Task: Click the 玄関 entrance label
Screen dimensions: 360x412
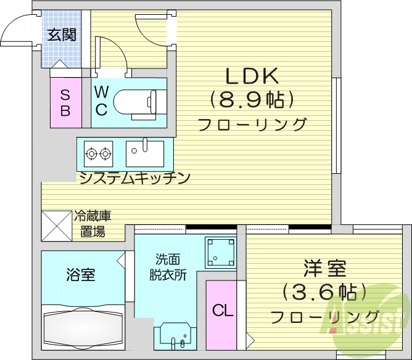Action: coord(62,35)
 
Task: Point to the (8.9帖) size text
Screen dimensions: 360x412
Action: coord(251,99)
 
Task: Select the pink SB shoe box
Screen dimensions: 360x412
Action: coord(65,102)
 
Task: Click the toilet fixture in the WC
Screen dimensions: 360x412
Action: coord(138,101)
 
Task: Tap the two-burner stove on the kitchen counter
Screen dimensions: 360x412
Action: coord(98,153)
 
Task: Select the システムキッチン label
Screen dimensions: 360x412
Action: coord(134,178)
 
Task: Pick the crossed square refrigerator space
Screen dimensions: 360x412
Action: coord(56,227)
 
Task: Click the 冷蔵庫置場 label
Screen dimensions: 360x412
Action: coord(93,224)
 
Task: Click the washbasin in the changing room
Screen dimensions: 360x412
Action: coord(175,337)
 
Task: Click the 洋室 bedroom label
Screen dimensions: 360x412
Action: coord(324,269)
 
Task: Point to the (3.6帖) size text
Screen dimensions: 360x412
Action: coord(324,291)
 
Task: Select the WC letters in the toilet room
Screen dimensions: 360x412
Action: coord(102,101)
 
